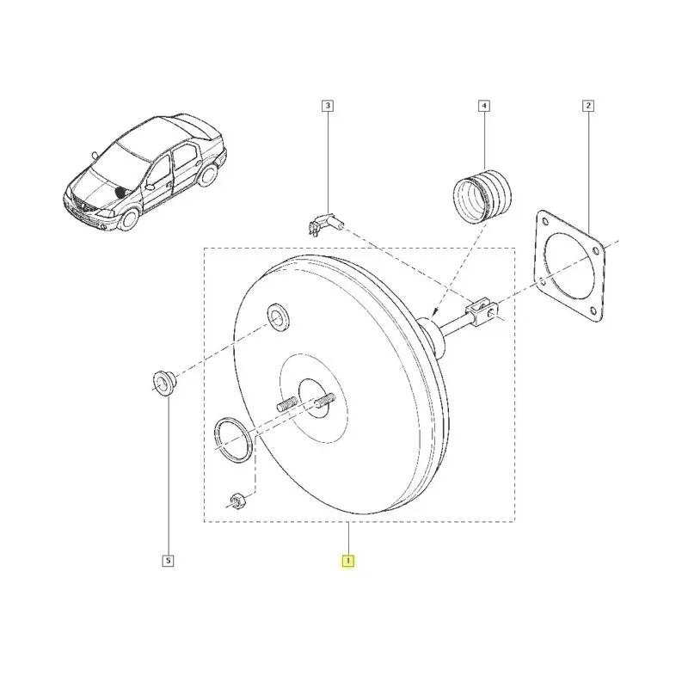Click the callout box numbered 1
point(348,561)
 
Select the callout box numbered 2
point(588,106)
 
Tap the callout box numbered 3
point(328,106)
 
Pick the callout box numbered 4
point(484,106)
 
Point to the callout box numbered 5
point(168,561)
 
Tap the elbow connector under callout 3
point(325,224)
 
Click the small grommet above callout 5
point(163,382)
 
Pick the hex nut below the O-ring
point(237,500)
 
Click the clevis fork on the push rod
point(482,309)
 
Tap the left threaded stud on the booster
point(287,403)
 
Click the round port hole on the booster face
point(279,316)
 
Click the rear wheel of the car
point(209,174)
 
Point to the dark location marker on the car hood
point(120,191)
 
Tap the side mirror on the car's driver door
point(150,187)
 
